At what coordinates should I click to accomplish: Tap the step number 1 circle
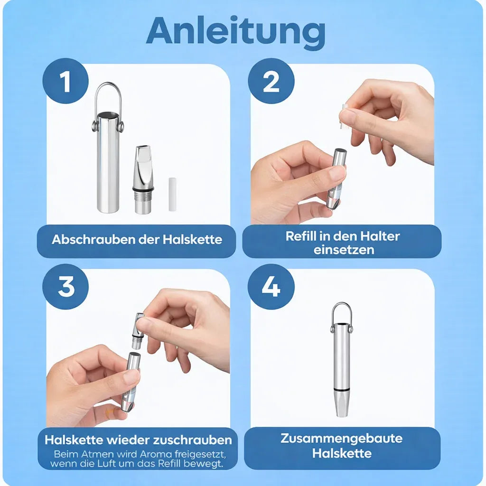[x=65, y=81]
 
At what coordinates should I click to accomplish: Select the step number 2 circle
[x=271, y=81]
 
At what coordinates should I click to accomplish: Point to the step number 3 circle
[x=65, y=287]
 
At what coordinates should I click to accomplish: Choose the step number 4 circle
[x=271, y=287]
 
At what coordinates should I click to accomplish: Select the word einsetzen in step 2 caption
[x=344, y=250]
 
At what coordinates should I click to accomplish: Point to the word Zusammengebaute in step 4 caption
[x=342, y=439]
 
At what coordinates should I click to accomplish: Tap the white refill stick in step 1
[x=172, y=194]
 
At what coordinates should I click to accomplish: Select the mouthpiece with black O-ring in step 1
[x=143, y=180]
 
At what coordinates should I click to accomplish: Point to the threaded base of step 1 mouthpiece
[x=143, y=203]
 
